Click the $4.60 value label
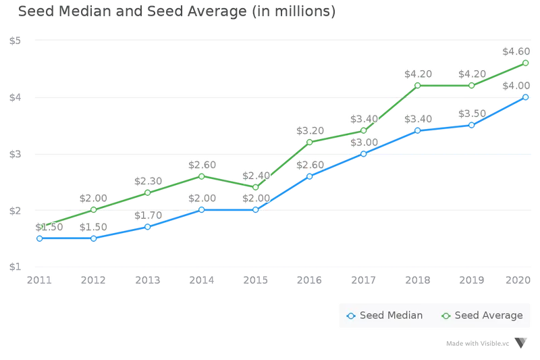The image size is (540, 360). pos(516,51)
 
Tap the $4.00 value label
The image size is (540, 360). pos(516,86)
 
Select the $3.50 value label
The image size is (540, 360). pos(472,113)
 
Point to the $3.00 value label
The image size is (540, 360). pos(364,143)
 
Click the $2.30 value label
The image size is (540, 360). pos(148,181)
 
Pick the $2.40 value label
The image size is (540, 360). pos(256,176)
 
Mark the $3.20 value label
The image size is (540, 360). pos(310,130)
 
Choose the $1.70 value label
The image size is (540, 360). pos(148,215)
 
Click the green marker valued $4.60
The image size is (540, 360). pos(526,63)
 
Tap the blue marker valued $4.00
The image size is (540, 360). pos(526,97)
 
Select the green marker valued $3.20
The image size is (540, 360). pos(310,142)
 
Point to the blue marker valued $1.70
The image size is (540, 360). pos(148,227)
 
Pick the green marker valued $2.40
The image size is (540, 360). pos(256,187)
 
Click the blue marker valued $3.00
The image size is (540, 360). pos(364,154)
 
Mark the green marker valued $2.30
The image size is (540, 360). pos(148,192)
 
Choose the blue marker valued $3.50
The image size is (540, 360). pos(472,125)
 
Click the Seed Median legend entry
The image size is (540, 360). pos(384,315)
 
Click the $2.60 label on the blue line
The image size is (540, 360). pos(310,165)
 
